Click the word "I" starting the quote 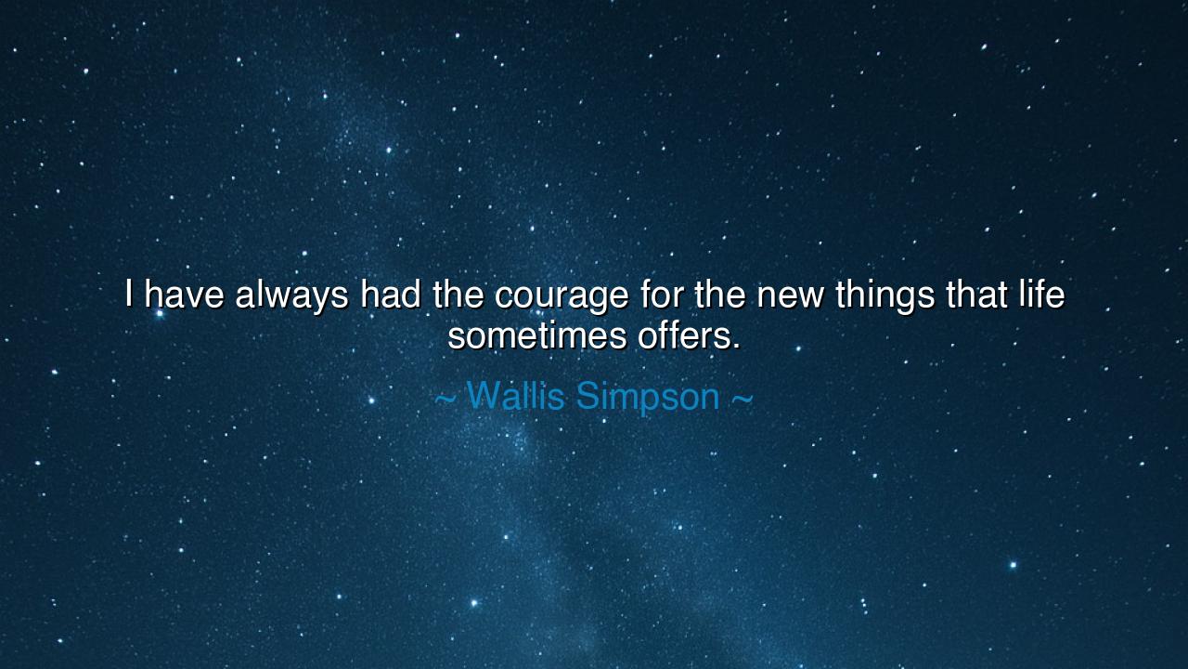pos(130,295)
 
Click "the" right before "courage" pos(458,295)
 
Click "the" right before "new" pos(720,295)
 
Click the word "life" pos(1041,295)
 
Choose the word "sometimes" pos(537,335)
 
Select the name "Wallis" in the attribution pos(515,397)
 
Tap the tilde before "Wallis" pos(445,399)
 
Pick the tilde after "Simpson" pos(742,399)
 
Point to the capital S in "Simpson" pos(587,397)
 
